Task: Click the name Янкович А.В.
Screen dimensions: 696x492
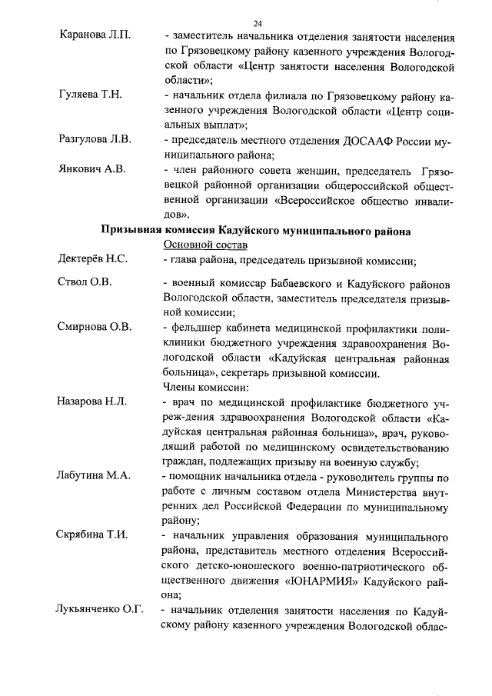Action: coord(92,168)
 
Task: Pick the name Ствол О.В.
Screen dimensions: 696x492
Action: coord(85,282)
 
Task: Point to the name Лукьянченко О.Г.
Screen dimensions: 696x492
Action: coord(101,610)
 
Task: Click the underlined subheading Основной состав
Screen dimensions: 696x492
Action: coord(205,245)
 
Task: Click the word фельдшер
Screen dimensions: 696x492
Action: coord(194,327)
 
